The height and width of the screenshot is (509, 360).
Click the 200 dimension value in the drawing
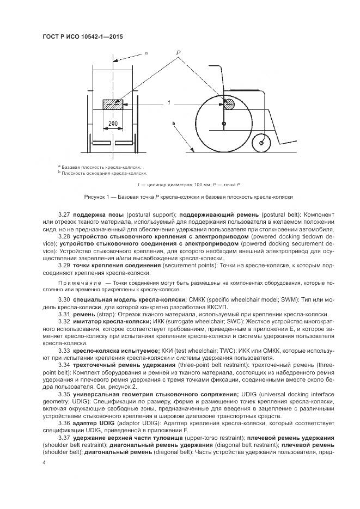[113, 124]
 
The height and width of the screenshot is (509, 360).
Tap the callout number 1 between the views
[169, 102]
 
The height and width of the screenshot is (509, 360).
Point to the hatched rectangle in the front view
[113, 103]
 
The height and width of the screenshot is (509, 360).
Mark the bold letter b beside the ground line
[174, 125]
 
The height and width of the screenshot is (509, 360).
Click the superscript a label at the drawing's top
[147, 53]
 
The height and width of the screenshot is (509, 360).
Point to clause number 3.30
[64, 300]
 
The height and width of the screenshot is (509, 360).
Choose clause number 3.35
[64, 393]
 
